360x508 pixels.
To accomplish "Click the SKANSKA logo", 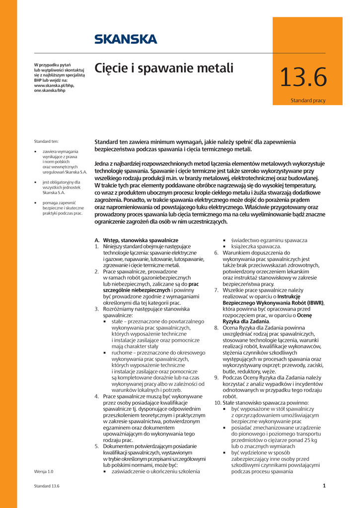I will [126, 39].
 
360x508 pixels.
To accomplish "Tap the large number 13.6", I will [303, 77].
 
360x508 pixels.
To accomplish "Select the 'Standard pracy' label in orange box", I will [308, 101].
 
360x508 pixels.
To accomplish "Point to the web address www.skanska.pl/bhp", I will [54, 86].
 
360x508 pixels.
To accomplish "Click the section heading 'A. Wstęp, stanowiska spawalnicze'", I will [136, 240].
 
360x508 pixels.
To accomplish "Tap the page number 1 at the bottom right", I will [324, 486].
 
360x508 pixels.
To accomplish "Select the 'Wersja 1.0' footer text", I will [44, 471].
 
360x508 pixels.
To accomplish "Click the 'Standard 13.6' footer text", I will [47, 486].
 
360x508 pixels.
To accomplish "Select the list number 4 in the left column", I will [97, 396].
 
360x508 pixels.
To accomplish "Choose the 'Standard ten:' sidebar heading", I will [46, 141].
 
